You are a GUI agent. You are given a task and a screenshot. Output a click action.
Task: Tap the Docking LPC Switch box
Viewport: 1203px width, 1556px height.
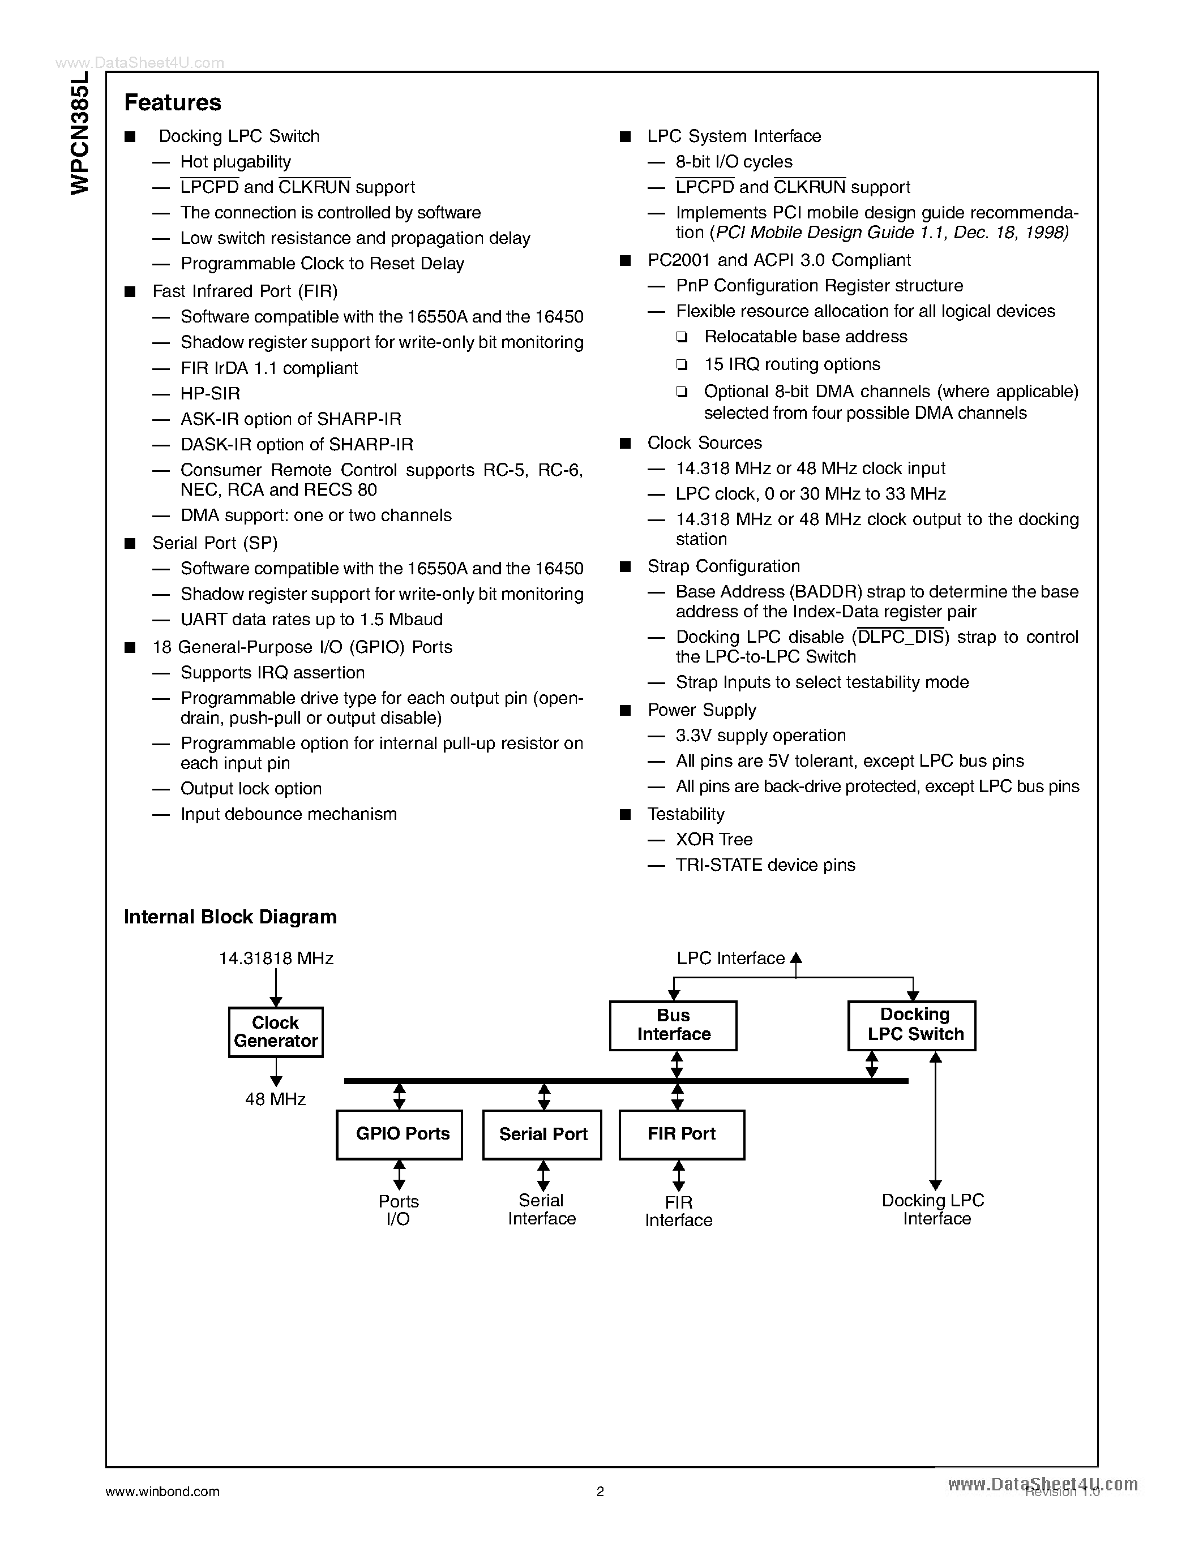(911, 1025)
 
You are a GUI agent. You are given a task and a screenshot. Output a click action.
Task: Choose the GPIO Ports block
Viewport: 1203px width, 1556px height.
(399, 1134)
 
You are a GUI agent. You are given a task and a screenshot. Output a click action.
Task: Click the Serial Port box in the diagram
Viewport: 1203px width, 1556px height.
(542, 1134)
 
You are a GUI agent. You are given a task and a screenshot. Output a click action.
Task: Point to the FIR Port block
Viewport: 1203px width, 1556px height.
(681, 1134)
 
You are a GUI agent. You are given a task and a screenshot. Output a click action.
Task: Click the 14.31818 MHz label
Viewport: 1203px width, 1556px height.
(276, 958)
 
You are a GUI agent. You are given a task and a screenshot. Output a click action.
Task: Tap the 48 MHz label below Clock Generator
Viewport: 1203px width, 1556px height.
(275, 1099)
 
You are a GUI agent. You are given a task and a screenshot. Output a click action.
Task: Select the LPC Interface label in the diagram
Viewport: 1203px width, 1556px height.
(730, 958)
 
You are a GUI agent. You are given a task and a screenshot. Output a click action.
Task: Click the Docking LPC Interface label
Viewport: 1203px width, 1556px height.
(934, 1210)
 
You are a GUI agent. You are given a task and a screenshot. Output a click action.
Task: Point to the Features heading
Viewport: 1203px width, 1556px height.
(173, 102)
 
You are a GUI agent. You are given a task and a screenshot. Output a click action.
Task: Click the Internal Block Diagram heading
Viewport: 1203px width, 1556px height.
(230, 917)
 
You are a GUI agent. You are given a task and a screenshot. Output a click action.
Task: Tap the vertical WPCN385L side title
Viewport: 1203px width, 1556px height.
(80, 132)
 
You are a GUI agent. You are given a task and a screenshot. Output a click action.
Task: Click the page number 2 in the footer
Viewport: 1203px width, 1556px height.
(600, 1491)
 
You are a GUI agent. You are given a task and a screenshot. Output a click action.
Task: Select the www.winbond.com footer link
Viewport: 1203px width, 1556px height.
(162, 1491)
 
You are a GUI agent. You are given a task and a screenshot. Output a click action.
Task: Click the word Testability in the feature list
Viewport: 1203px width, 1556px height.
(686, 814)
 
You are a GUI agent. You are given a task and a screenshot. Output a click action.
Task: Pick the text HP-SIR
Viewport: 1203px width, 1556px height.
(210, 393)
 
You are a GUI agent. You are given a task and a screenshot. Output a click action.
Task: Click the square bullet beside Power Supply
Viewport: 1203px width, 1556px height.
(626, 710)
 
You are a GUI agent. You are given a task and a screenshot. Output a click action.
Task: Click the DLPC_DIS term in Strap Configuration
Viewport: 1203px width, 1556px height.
(901, 637)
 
